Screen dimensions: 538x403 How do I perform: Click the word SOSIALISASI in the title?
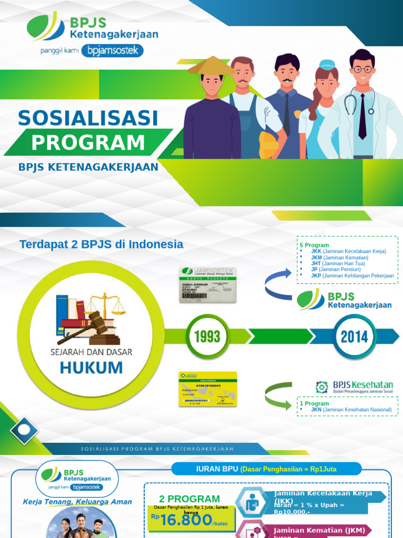tap(88, 118)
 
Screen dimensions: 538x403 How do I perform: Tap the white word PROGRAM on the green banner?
tap(88, 142)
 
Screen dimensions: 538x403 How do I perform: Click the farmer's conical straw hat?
tap(212, 67)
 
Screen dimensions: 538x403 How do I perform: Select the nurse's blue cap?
tap(326, 73)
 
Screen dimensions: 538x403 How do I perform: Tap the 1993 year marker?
tap(206, 337)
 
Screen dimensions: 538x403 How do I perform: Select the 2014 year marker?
tap(355, 337)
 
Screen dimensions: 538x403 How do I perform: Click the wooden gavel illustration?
tap(89, 326)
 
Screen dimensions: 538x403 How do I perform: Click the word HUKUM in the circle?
tap(91, 367)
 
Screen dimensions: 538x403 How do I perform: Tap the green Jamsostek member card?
tap(208, 284)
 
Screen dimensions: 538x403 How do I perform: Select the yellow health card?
tap(208, 389)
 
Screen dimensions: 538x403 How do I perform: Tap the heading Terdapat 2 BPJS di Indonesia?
tap(101, 244)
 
